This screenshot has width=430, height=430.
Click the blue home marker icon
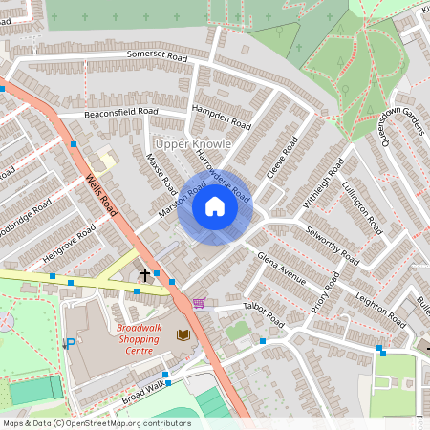[215, 206]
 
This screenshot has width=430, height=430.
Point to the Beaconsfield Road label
[120, 112]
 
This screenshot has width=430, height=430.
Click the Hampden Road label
[221, 117]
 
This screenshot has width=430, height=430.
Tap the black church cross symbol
[145, 274]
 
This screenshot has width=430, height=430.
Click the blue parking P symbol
[69, 344]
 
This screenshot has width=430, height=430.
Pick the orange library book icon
[183, 334]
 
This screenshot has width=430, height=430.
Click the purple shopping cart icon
[199, 303]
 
